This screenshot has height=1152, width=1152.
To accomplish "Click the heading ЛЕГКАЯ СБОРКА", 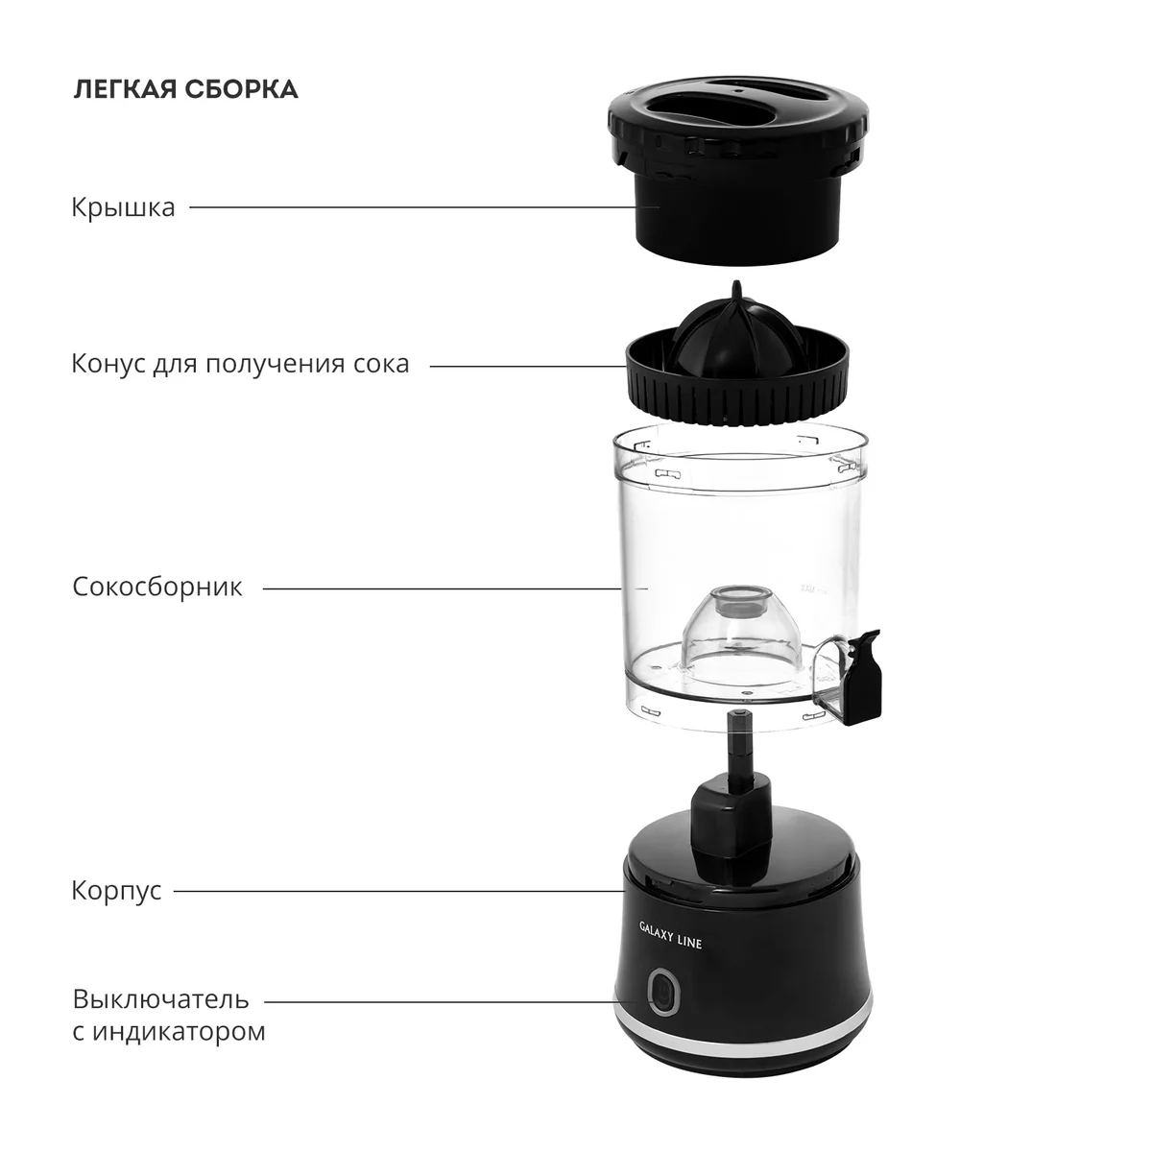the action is [185, 89].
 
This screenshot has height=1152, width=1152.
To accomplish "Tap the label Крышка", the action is [123, 207].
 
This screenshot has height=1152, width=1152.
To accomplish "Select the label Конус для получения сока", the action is [240, 364].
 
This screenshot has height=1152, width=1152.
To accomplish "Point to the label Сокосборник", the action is [157, 588].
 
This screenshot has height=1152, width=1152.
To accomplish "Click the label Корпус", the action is [116, 891].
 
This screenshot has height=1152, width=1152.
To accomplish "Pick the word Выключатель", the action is [161, 999].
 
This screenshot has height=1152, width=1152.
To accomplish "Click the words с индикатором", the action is [169, 1031].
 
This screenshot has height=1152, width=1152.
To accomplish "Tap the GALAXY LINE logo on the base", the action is [670, 935].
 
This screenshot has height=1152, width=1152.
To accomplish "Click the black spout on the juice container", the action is [864, 677].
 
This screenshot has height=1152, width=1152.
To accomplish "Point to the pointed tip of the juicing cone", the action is [737, 281].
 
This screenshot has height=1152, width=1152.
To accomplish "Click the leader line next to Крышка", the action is [413, 207].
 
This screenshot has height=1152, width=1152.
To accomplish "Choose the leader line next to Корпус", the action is [400, 891].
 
